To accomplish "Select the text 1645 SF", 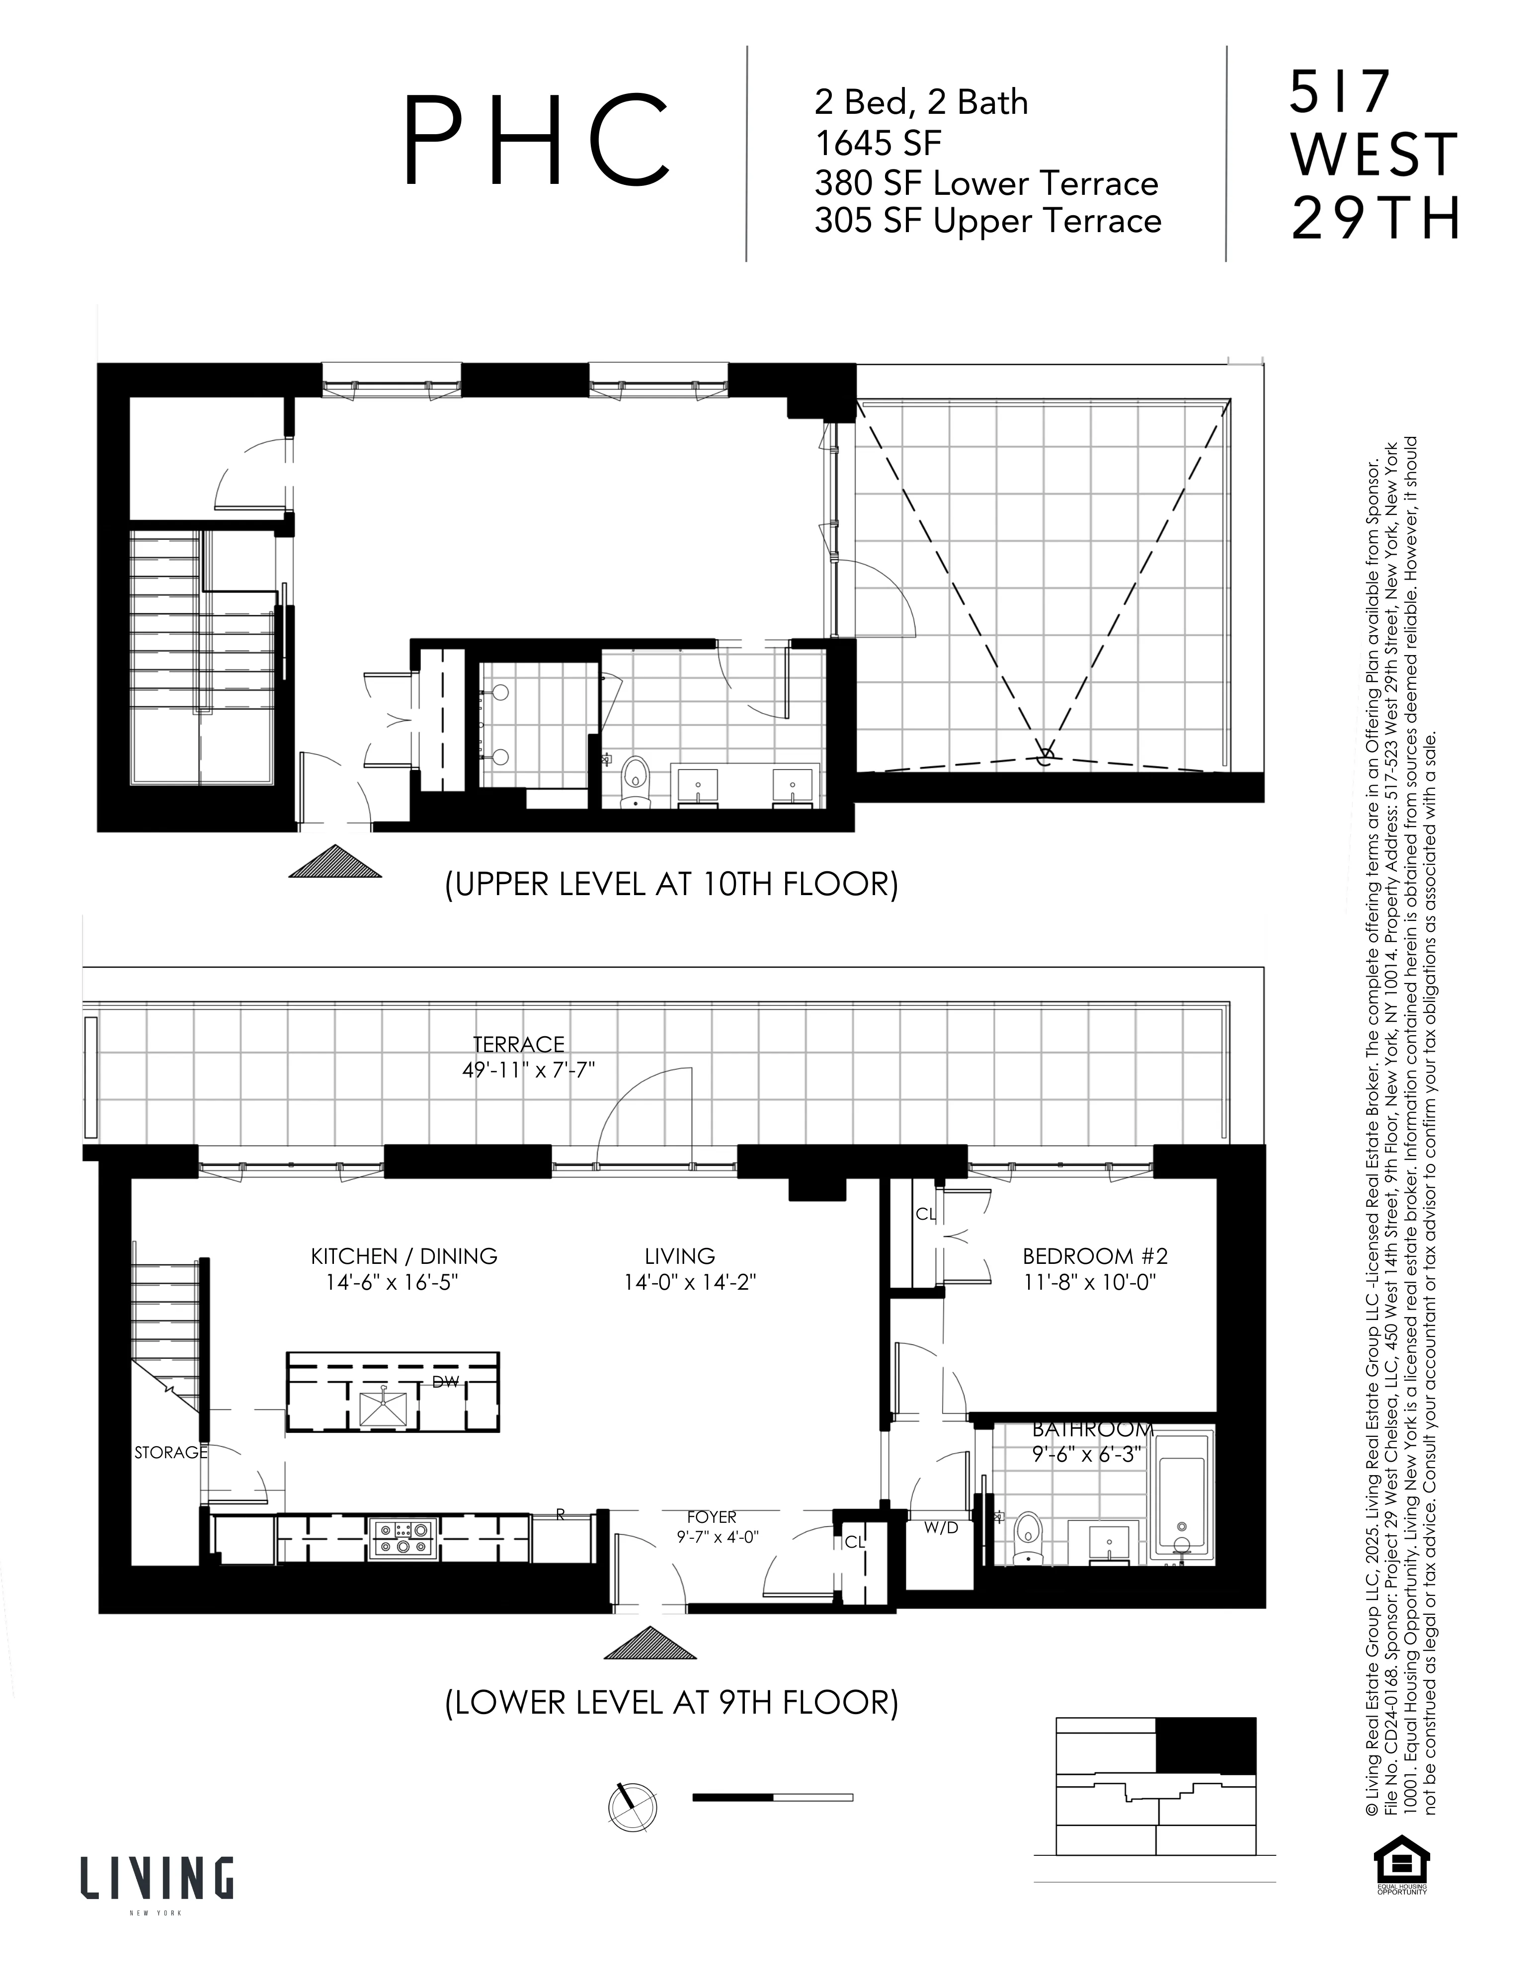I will (878, 143).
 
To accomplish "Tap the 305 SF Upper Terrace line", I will (987, 221).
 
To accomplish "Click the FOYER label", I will (712, 1517).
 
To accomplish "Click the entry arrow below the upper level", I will (335, 862).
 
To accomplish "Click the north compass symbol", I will (632, 1803).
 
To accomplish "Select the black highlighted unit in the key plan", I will (1206, 1743).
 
